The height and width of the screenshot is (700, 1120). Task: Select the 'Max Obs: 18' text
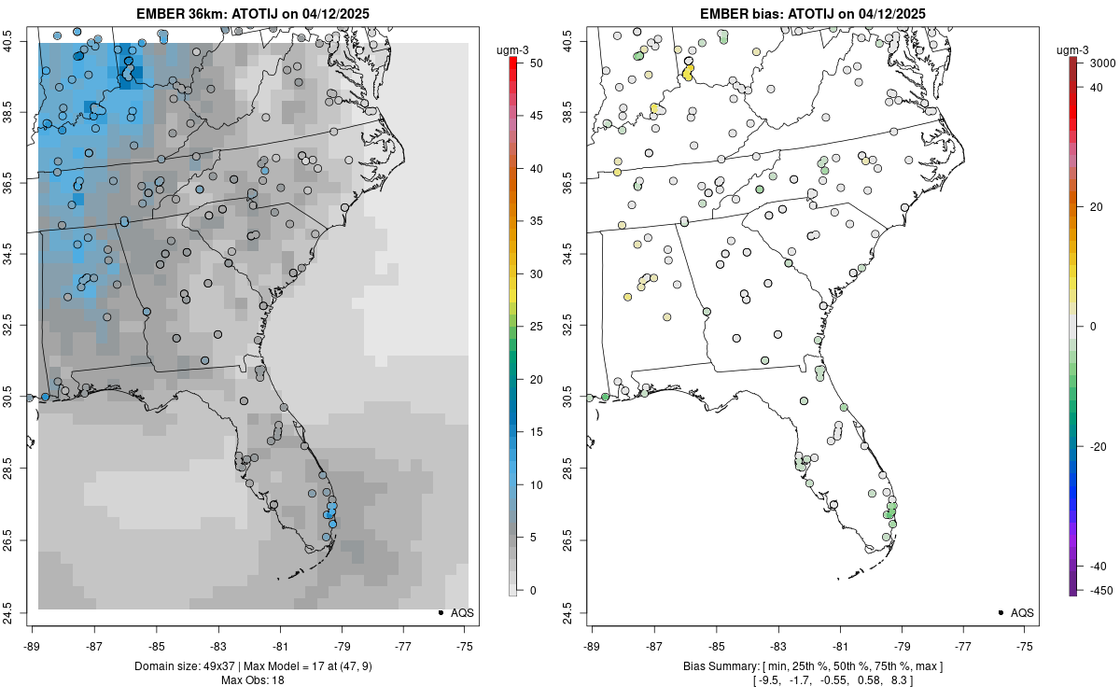(252, 680)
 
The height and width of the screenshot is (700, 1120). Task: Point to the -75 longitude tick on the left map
(466, 645)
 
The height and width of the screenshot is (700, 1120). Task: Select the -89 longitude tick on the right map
(593, 645)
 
